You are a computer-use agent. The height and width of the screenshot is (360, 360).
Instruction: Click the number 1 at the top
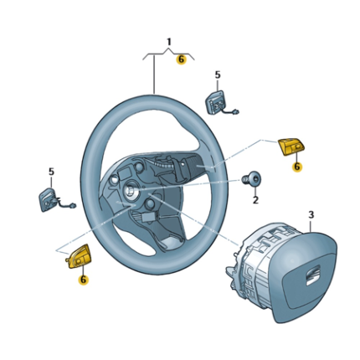(168, 41)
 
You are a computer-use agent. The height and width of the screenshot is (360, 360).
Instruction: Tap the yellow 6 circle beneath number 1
(180, 59)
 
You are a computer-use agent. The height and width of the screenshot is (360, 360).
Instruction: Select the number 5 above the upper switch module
(218, 75)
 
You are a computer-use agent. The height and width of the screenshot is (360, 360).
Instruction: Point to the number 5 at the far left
(50, 172)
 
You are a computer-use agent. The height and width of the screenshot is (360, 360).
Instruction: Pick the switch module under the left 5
(48, 199)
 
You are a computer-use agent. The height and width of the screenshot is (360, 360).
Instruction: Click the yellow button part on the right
(292, 147)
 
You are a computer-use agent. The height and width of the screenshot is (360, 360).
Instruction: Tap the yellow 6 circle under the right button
(296, 167)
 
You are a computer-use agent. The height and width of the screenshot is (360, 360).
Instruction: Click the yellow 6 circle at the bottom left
(83, 280)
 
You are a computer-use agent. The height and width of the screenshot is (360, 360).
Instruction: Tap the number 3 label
(311, 215)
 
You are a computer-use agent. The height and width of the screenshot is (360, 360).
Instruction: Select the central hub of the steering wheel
(132, 191)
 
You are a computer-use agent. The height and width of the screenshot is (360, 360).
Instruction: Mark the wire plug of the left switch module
(75, 206)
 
